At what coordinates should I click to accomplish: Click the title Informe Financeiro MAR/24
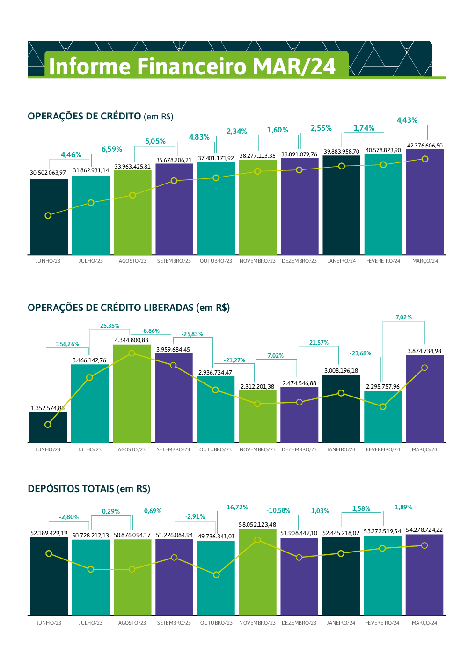pyautogui.click(x=192, y=66)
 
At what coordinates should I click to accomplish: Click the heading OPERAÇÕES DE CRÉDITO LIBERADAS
pyautogui.click(x=129, y=308)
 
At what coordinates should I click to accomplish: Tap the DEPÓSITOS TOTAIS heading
pyautogui.click(x=89, y=489)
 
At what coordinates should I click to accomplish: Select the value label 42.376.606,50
pyautogui.click(x=424, y=146)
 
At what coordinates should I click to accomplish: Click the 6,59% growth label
pyautogui.click(x=112, y=149)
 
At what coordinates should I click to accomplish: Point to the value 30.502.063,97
pyautogui.click(x=48, y=173)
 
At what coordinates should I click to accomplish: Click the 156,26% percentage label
pyautogui.click(x=67, y=344)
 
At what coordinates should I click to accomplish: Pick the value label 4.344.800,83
pyautogui.click(x=132, y=340)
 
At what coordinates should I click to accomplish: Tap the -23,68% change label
pyautogui.click(x=360, y=353)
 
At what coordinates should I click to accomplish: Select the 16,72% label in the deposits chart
pyautogui.click(x=237, y=508)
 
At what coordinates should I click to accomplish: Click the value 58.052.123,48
pyautogui.click(x=257, y=525)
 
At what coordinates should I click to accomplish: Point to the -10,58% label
pyautogui.click(x=278, y=511)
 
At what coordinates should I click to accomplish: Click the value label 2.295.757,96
pyautogui.click(x=383, y=387)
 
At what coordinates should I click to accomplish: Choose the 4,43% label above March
pyautogui.click(x=407, y=120)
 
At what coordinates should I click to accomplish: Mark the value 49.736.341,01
pyautogui.click(x=216, y=537)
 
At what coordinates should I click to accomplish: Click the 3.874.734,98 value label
pyautogui.click(x=424, y=351)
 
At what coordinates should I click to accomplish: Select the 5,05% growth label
pyautogui.click(x=155, y=141)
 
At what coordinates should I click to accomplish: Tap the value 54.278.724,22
pyautogui.click(x=424, y=530)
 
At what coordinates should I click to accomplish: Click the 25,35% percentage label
pyautogui.click(x=110, y=326)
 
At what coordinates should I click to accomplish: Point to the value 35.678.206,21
pyautogui.click(x=174, y=160)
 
